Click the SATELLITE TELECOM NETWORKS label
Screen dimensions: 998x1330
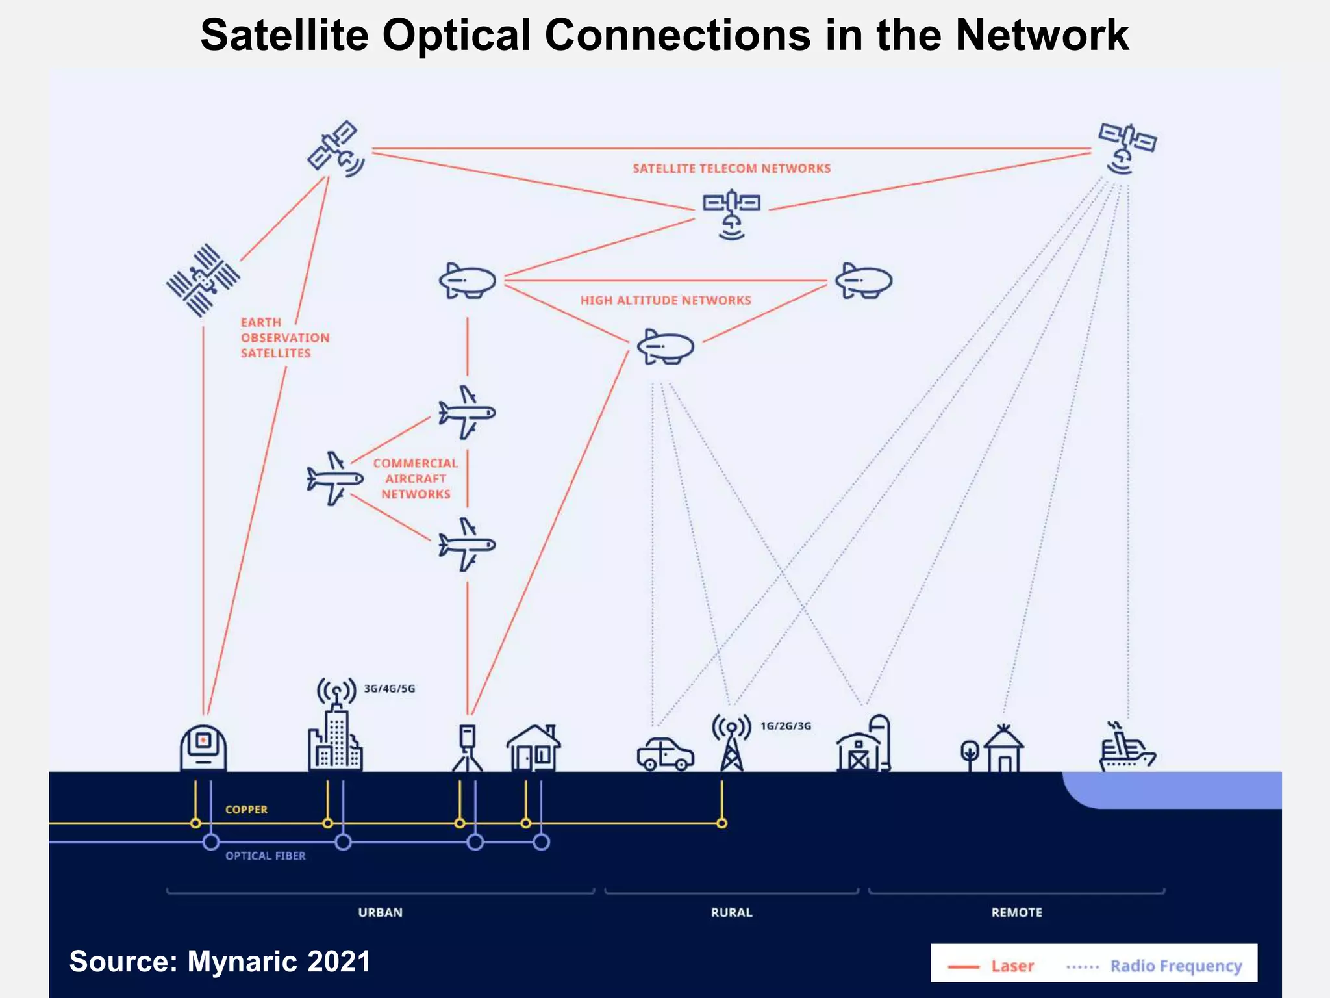(x=731, y=168)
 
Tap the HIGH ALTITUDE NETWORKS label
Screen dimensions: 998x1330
(x=666, y=300)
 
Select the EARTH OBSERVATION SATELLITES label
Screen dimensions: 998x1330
(x=284, y=338)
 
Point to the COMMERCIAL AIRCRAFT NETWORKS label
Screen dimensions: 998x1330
(x=416, y=479)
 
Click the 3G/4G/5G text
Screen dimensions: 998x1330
(x=389, y=689)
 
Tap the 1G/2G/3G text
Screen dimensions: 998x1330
(x=786, y=726)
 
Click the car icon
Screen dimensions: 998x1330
(x=665, y=754)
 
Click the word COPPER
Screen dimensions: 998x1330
(x=246, y=810)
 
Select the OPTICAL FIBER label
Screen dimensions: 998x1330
(x=265, y=856)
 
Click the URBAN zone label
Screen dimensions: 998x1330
(x=381, y=912)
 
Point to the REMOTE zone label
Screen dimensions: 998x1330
(x=1016, y=912)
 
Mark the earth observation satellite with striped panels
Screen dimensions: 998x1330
(x=203, y=281)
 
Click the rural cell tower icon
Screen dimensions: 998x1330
(x=732, y=743)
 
